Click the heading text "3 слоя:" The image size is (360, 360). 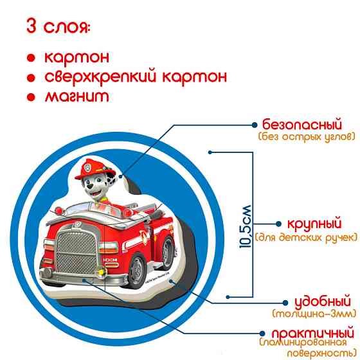(x=58, y=28)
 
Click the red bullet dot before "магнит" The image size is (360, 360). (x=30, y=97)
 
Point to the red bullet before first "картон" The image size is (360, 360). (x=30, y=58)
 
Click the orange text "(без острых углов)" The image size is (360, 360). (x=307, y=137)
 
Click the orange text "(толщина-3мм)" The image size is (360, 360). (x=314, y=314)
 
